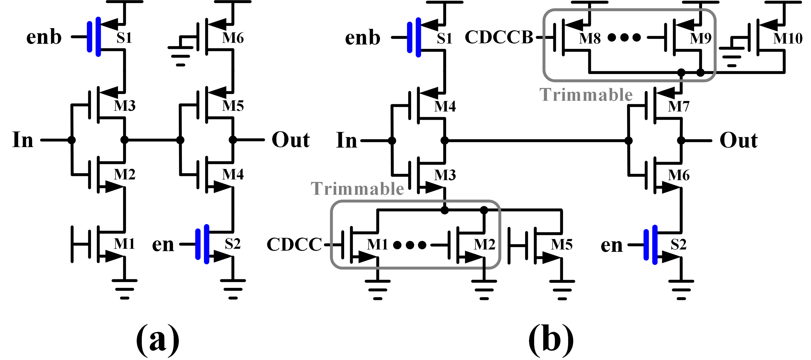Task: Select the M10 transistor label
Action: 788,38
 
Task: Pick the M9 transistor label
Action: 701,38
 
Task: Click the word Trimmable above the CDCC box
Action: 357,189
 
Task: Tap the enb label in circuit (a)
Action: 44,37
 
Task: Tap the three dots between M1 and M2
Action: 410,245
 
